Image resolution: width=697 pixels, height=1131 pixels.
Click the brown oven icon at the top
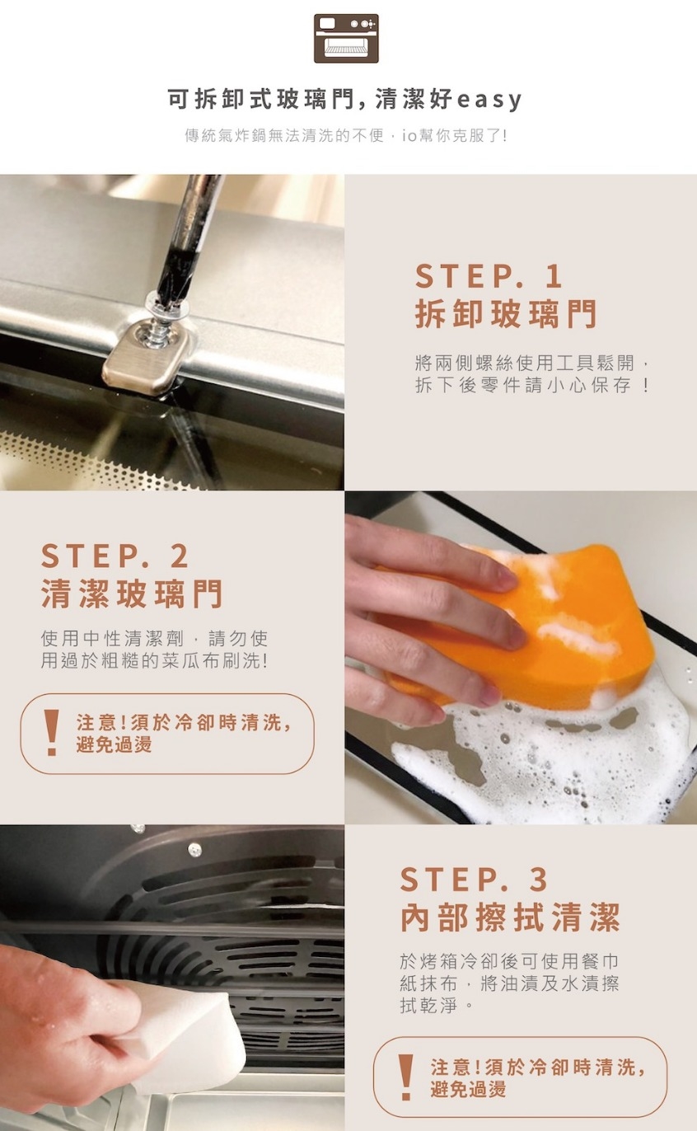346,39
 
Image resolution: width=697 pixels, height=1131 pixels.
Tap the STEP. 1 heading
488,276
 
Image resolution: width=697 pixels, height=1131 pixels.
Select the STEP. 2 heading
115,556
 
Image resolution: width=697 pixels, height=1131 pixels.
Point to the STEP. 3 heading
474,880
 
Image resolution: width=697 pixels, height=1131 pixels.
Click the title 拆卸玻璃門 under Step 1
506,313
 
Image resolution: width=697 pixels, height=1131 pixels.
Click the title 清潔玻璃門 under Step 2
132,594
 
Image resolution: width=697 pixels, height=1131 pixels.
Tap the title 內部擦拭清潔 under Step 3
510,917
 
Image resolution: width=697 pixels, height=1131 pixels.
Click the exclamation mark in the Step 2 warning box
51,733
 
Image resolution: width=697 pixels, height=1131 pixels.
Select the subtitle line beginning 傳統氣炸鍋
346,136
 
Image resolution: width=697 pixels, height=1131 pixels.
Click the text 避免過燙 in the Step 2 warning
114,744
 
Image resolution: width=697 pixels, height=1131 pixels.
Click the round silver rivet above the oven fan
194,850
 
